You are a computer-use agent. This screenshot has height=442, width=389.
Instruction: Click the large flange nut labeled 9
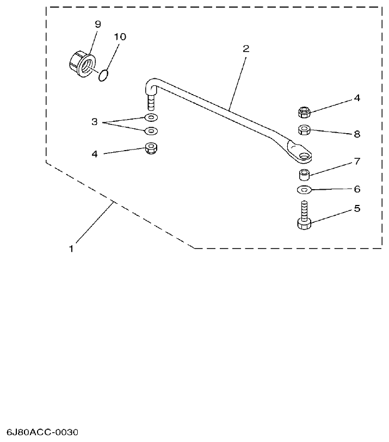click(82, 63)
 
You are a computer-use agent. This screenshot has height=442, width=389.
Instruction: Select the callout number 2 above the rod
click(246, 48)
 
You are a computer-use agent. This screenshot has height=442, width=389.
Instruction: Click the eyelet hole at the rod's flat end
click(303, 156)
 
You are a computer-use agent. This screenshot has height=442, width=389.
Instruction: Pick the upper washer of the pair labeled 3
click(150, 118)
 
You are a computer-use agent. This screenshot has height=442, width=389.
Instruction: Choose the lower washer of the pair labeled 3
click(150, 131)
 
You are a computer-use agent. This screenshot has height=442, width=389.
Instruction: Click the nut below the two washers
click(150, 148)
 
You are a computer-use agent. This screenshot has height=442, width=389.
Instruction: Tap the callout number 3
click(94, 122)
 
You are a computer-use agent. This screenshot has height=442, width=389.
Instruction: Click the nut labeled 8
click(305, 129)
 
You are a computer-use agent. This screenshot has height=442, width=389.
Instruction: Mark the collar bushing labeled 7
click(304, 175)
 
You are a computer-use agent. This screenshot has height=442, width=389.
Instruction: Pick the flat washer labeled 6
click(304, 190)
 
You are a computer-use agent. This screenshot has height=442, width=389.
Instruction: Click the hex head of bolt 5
click(304, 223)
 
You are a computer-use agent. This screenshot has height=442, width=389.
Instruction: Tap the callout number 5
click(357, 208)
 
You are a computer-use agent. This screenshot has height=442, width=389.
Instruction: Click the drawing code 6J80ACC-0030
click(42, 433)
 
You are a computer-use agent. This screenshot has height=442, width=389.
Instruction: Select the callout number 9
click(98, 24)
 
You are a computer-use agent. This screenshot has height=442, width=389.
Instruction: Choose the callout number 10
click(120, 36)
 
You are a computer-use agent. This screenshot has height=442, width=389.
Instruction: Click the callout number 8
click(357, 134)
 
